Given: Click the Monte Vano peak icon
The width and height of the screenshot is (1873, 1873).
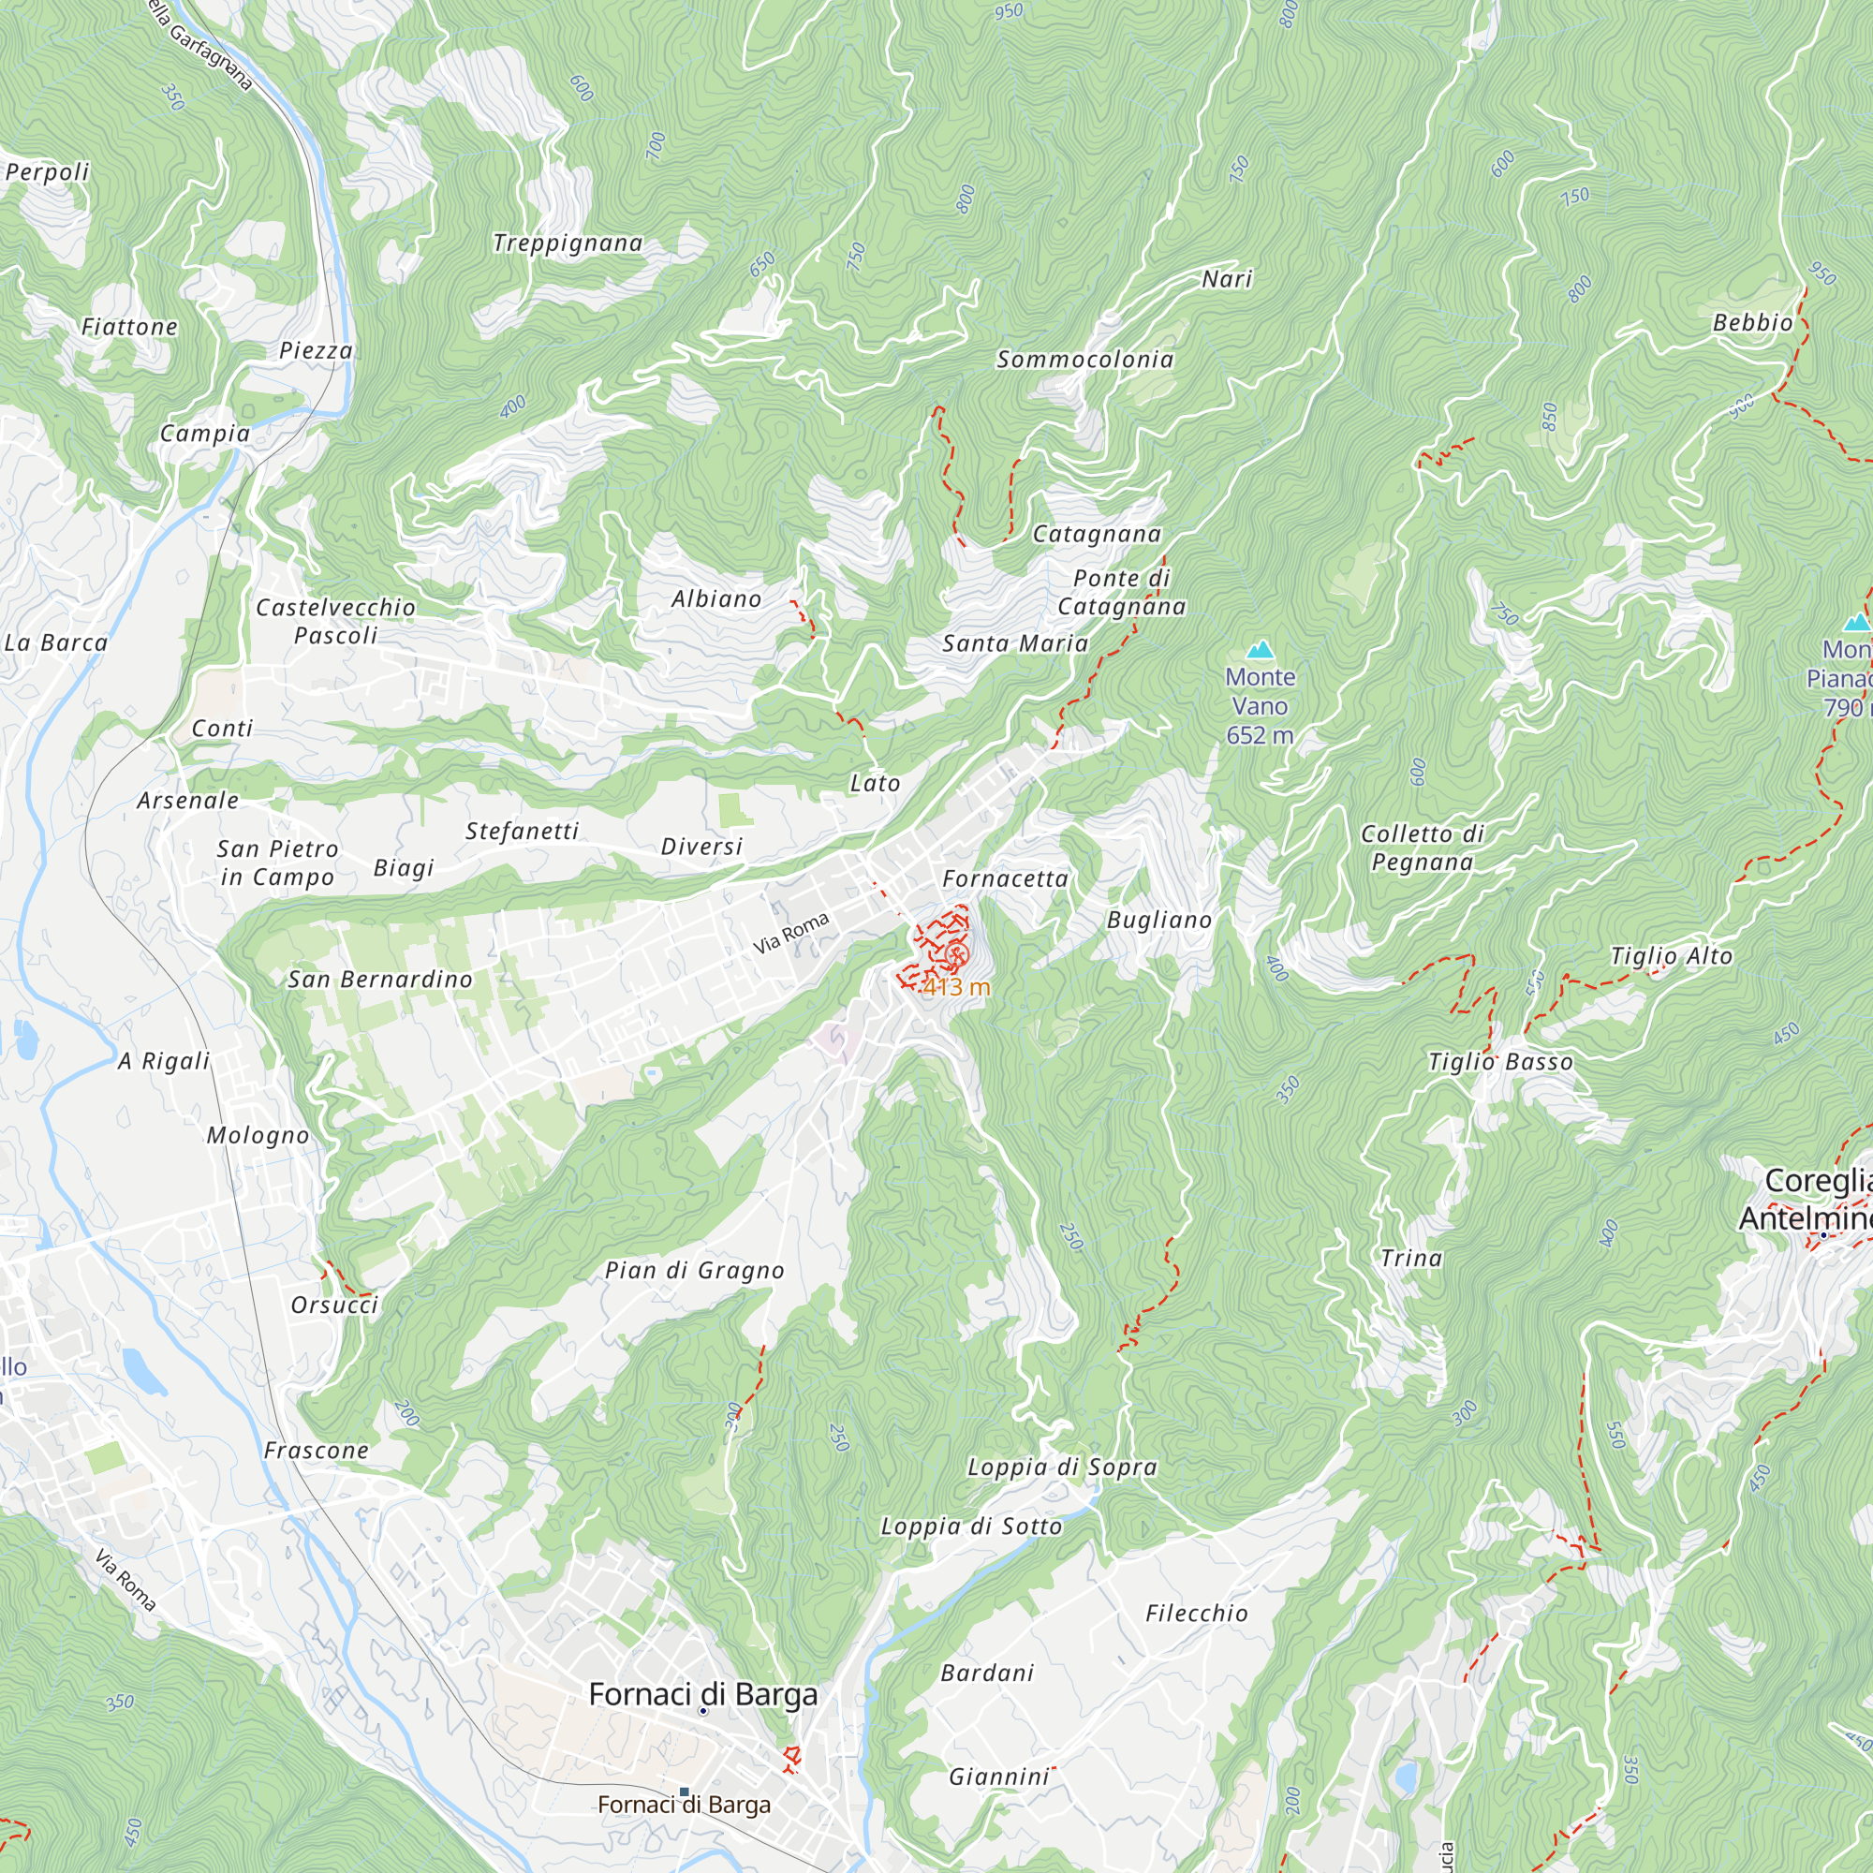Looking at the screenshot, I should [1260, 649].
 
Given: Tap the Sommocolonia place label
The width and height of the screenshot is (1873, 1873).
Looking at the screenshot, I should [1084, 360].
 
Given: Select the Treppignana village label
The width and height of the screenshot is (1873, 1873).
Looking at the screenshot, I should [568, 243].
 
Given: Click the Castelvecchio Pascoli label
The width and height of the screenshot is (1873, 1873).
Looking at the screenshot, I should [335, 622].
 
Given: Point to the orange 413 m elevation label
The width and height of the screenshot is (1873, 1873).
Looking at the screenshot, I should [955, 987].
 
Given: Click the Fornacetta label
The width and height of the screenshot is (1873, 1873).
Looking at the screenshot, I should [1005, 879].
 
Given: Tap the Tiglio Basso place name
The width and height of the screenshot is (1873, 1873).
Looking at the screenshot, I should [1499, 1063].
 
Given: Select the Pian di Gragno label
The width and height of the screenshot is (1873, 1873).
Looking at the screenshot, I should [694, 1271].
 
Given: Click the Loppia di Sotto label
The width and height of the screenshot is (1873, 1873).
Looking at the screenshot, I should [970, 1526].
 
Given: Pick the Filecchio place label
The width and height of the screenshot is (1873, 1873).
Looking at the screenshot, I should [1196, 1614].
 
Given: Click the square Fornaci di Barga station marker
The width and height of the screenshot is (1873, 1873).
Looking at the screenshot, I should [685, 1792].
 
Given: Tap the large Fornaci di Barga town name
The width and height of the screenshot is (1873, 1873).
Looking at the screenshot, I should [703, 1695].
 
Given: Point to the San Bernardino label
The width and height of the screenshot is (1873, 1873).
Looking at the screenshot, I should [380, 981].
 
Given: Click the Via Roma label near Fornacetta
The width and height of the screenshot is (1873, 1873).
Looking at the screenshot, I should [791, 933].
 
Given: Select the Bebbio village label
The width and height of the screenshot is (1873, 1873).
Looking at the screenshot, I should [1752, 323].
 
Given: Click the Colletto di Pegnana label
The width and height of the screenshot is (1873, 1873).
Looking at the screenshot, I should [1423, 848].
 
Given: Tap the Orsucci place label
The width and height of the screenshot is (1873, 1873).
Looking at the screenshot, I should [334, 1305].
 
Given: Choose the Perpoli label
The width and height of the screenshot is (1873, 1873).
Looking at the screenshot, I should [47, 172].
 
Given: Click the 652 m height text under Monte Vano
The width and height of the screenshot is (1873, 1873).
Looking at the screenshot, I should [1260, 736].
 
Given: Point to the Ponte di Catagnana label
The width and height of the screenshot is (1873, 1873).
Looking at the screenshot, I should [1122, 593].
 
